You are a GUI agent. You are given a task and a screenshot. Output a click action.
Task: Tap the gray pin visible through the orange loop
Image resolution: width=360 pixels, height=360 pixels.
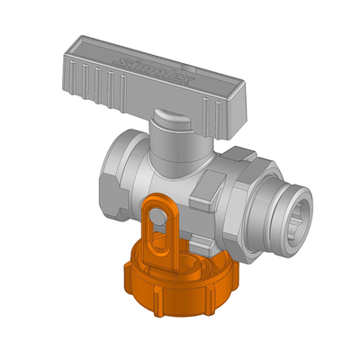click(x=159, y=214)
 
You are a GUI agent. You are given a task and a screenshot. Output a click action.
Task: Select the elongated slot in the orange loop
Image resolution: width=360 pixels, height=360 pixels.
click(x=159, y=232)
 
